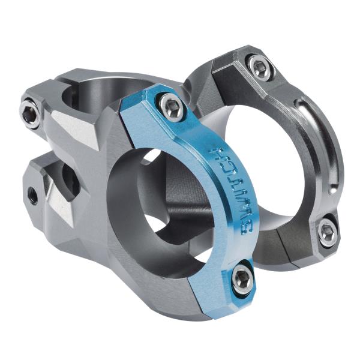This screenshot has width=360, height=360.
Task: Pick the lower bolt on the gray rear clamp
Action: click(x=327, y=231)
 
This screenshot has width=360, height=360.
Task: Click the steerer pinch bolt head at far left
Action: click(x=29, y=112)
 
